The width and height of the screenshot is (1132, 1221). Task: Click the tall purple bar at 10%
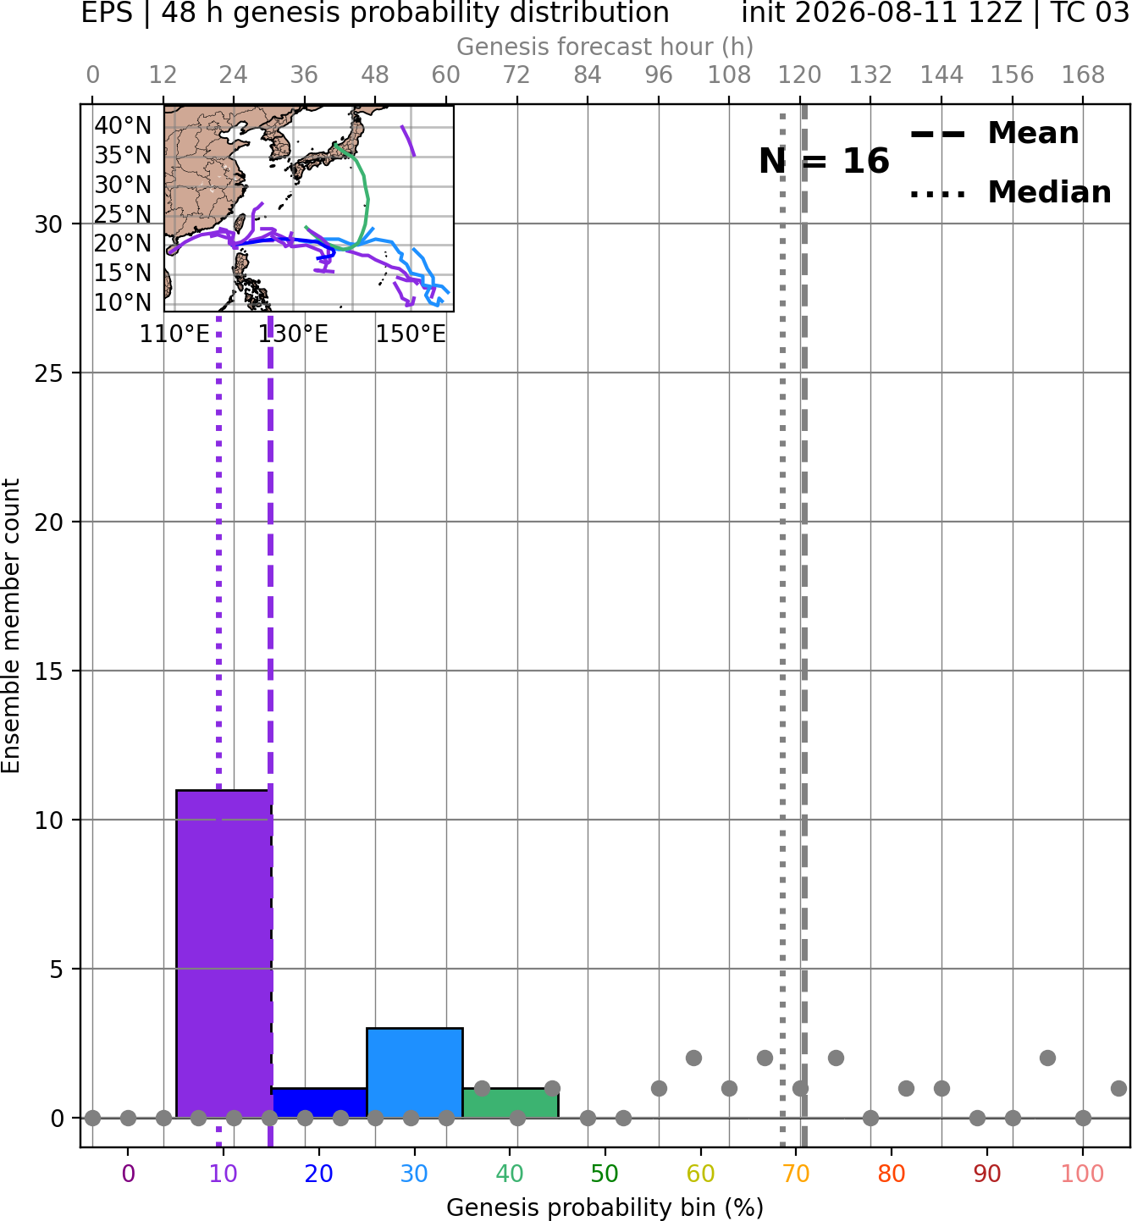(x=224, y=953)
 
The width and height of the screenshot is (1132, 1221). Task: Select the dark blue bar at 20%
(x=319, y=1103)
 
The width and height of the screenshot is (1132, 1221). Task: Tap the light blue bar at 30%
(x=414, y=1073)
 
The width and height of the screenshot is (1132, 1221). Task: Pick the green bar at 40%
(x=510, y=1103)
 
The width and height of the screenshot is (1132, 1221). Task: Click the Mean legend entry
(x=994, y=133)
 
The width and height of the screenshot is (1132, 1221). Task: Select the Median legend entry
(x=1010, y=192)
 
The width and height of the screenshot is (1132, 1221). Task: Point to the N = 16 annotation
(x=824, y=161)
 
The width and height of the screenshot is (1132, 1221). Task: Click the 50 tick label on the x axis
(x=605, y=1174)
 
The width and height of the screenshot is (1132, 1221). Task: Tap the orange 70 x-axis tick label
(x=796, y=1174)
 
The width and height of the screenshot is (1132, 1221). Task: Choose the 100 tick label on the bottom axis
(x=1083, y=1174)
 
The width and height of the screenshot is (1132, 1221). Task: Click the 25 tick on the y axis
(x=48, y=373)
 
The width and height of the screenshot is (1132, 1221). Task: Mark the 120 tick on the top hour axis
(x=799, y=75)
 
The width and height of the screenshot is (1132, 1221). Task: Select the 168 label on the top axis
(x=1083, y=75)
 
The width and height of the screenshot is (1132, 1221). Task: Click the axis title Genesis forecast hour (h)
(x=605, y=47)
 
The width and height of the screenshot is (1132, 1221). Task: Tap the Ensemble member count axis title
(x=11, y=626)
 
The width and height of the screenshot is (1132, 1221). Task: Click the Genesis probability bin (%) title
(x=605, y=1207)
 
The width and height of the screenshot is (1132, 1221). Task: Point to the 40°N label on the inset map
(x=123, y=125)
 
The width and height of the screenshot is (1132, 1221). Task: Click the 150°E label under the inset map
(x=410, y=334)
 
